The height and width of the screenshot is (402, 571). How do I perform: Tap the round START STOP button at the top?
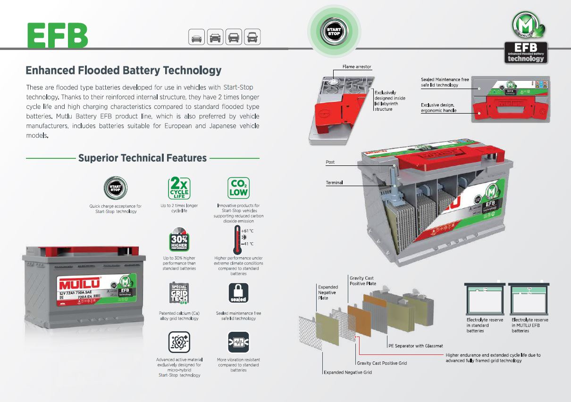pos(334,31)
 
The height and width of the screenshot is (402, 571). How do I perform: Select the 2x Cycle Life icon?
pos(179,188)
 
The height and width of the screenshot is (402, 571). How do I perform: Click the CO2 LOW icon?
pos(238,188)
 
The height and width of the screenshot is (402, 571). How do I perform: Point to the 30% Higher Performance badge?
pos(179,240)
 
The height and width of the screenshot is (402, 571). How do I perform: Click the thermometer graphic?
pos(237,238)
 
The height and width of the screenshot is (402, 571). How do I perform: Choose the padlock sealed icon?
pos(238,293)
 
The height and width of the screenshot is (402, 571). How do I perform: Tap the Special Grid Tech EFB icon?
pos(179,293)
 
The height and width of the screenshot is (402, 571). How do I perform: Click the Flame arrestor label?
pos(357,67)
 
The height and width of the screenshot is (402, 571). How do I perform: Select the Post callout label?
pos(330,162)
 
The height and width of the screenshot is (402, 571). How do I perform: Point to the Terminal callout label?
pos(334,182)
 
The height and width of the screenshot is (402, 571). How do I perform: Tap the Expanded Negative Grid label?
pos(347,372)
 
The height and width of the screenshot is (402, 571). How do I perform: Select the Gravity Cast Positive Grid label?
pos(382,363)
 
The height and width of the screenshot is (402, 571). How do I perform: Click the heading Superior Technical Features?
pos(143,158)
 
